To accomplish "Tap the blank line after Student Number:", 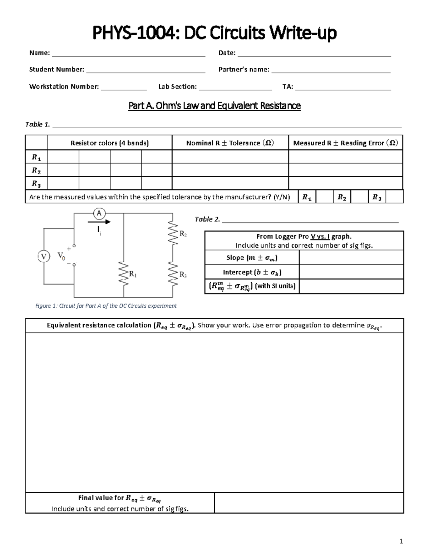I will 146,71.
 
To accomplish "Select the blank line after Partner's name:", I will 331,71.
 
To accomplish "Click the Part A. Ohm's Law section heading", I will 214,106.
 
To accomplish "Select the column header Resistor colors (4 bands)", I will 109,143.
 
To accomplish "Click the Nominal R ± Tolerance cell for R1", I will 230,157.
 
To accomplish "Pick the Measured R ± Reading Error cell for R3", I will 345,183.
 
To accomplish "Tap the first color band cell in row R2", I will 63,170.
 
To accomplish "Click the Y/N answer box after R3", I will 395,197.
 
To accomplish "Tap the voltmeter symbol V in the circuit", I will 44,256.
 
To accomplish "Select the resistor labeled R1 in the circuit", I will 124,274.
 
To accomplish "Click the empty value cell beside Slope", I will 351,257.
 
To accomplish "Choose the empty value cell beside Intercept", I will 351,272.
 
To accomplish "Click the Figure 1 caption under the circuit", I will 106,306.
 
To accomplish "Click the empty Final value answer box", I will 309,503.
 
